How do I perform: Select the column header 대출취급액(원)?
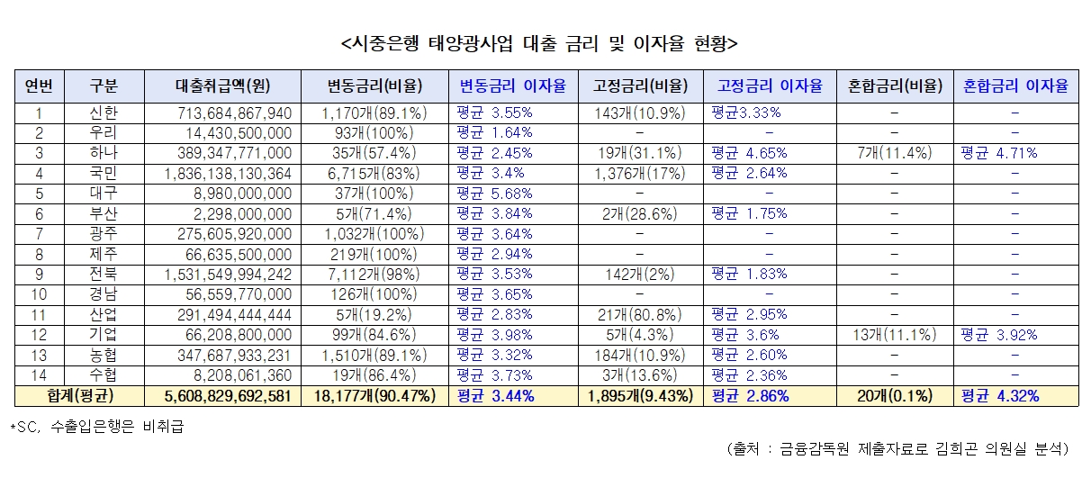(x=223, y=86)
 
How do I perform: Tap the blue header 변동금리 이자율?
(x=513, y=86)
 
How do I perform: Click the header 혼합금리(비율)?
(x=895, y=86)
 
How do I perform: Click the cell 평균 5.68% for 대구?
(x=495, y=193)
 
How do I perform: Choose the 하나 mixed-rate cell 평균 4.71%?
(x=999, y=153)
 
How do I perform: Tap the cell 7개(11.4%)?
(x=895, y=153)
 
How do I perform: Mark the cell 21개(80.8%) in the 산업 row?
(x=640, y=314)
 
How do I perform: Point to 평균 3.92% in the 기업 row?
(x=999, y=335)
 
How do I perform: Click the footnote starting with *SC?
(x=96, y=426)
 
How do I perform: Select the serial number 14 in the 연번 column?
(x=39, y=375)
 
